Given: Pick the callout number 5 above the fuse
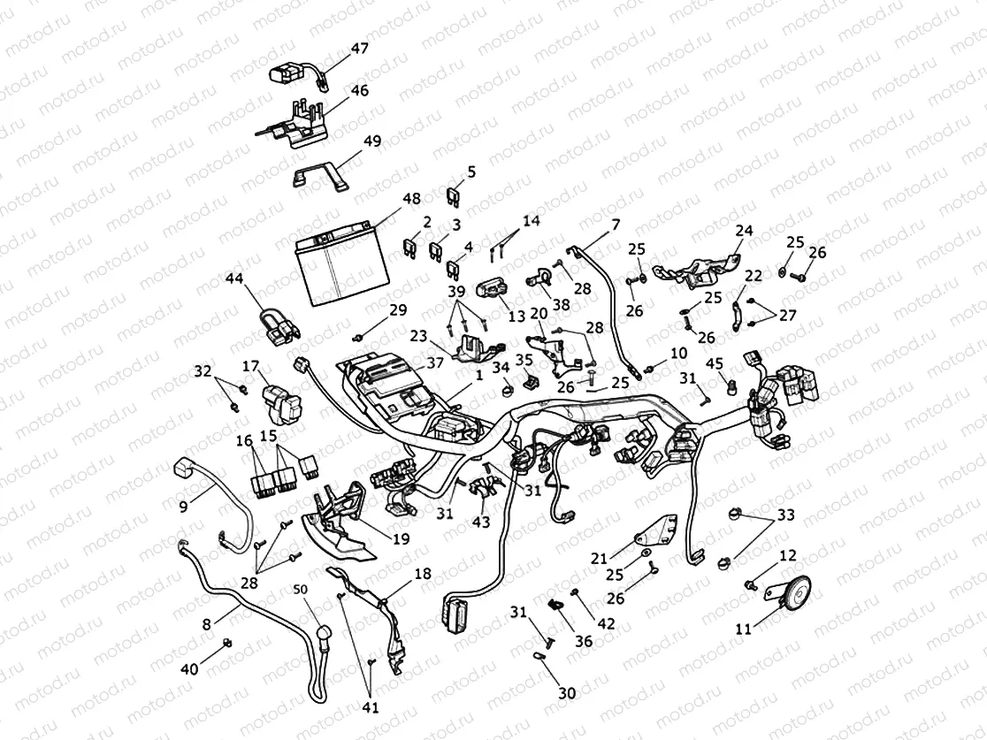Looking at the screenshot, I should point(471,172).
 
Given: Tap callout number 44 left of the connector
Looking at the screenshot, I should point(233,278).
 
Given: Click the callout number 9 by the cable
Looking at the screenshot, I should point(184,507).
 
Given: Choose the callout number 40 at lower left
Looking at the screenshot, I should point(189,669).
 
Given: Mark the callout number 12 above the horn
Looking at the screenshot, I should point(787,555).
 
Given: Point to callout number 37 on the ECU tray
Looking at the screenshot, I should point(435,362).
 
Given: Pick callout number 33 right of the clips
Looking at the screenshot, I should point(786,515).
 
